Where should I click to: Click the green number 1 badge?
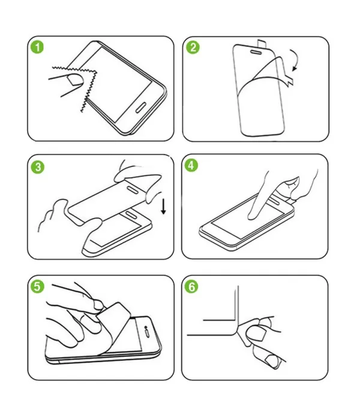click(37, 47)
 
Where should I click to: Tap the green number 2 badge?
click(193, 47)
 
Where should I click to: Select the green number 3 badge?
click(38, 167)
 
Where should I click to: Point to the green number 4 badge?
click(191, 165)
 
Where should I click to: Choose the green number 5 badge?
click(37, 286)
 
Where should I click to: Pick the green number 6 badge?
click(191, 286)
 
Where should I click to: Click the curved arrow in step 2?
click(296, 59)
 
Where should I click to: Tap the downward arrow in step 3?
click(164, 207)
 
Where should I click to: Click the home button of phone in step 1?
click(140, 107)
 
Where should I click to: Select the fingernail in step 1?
click(75, 80)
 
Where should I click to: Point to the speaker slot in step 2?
click(256, 52)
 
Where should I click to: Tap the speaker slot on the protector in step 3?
click(132, 190)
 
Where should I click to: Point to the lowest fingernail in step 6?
click(272, 361)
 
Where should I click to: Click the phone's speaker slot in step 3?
click(131, 214)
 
